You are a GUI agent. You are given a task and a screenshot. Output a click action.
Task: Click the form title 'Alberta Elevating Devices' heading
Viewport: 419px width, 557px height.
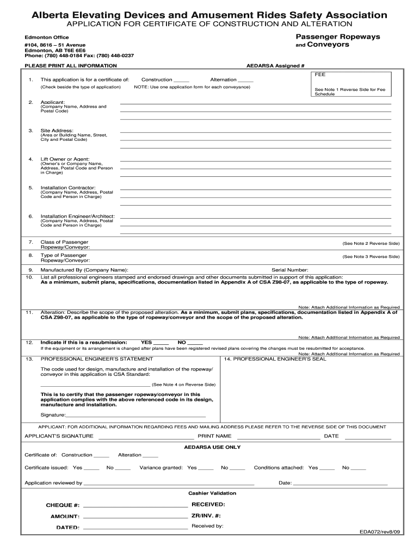click(209, 15)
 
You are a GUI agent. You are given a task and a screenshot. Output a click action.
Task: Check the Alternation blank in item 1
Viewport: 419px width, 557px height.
click(246, 80)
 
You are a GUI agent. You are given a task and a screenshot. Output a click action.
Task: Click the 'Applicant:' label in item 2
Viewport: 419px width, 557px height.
click(53, 102)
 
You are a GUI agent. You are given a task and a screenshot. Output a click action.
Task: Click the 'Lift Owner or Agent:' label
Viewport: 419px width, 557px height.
click(65, 159)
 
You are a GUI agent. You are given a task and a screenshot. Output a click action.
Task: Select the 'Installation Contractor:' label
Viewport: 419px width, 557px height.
click(68, 187)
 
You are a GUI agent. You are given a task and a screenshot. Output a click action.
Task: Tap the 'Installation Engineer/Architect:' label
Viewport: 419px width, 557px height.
click(78, 216)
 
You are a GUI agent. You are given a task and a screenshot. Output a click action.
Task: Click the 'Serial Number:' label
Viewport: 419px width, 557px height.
click(290, 269)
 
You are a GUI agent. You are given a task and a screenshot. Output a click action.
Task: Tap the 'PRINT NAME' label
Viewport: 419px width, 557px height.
click(214, 436)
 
